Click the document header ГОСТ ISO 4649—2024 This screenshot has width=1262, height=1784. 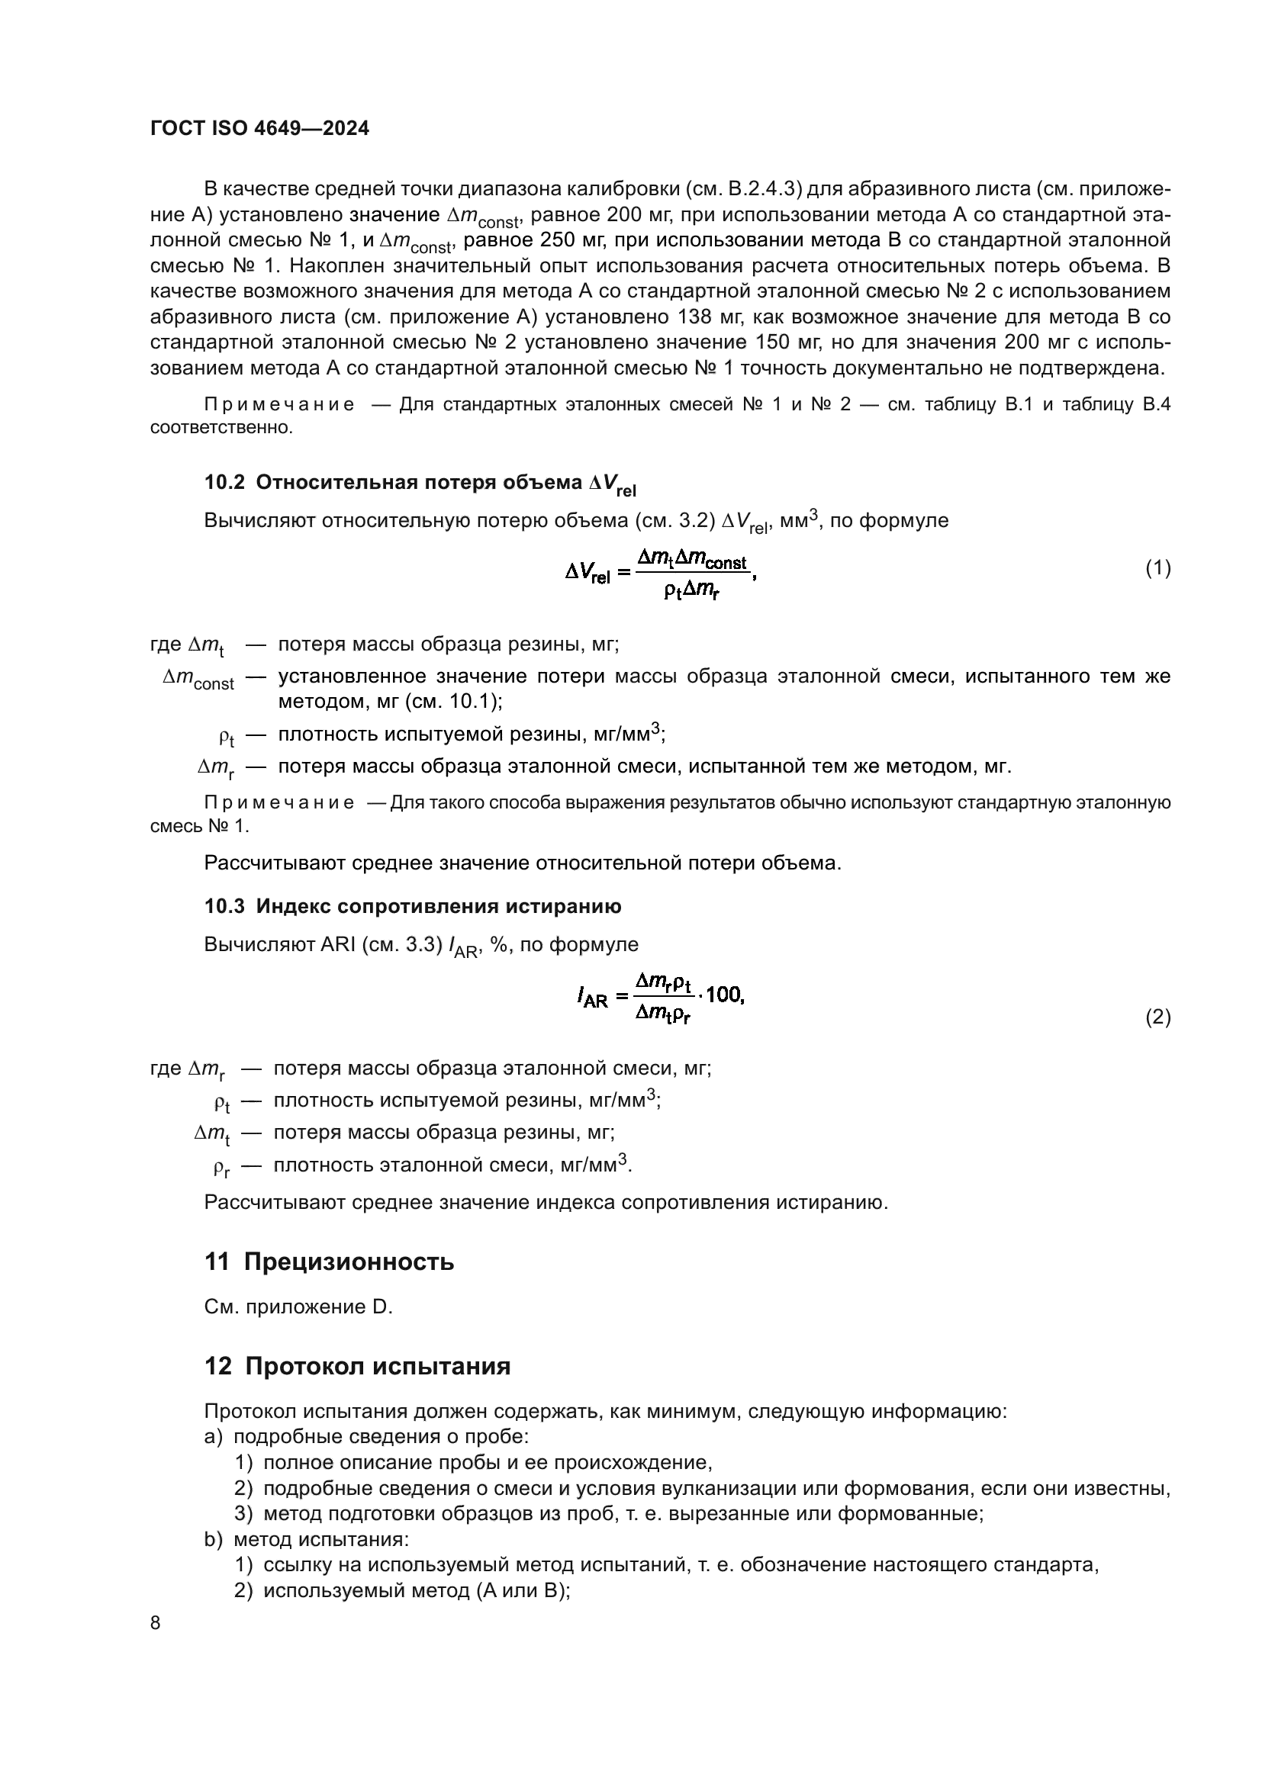(x=259, y=129)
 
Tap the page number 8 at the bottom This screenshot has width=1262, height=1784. (x=156, y=1622)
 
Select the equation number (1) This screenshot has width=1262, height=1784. (x=1158, y=568)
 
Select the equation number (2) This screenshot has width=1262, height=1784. (x=1158, y=1017)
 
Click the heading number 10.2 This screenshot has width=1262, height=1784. (x=224, y=483)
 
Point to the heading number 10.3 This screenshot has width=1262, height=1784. (x=224, y=906)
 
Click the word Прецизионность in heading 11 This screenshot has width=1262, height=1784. (x=349, y=1262)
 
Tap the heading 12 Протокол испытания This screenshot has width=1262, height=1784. (x=357, y=1366)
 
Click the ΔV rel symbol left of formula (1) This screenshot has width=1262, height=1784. (x=588, y=576)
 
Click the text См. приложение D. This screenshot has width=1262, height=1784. (x=298, y=1307)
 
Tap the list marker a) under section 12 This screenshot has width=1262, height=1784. (x=214, y=1437)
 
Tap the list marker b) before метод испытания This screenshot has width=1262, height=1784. (x=214, y=1539)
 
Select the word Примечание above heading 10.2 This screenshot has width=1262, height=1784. (x=279, y=405)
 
